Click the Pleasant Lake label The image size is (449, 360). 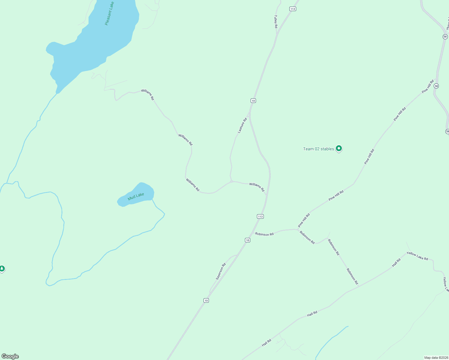click(110, 13)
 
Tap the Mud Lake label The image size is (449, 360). click(136, 196)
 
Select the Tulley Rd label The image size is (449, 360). click(276, 22)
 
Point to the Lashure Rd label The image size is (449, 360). click(242, 125)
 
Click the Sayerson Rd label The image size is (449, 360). click(221, 271)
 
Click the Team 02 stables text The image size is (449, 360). click(318, 149)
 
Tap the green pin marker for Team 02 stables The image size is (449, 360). click(339, 148)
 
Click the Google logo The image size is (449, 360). click(10, 356)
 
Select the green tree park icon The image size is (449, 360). click(2, 268)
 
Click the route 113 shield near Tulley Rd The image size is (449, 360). click(293, 9)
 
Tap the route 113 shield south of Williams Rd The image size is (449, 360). click(260, 216)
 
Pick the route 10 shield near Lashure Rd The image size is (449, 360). click(253, 100)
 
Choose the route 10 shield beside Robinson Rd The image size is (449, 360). click(247, 240)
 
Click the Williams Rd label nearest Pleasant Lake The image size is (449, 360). click(147, 94)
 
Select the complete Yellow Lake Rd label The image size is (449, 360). click(417, 256)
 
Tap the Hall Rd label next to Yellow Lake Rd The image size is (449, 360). click(396, 262)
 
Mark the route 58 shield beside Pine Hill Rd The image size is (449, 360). click(436, 86)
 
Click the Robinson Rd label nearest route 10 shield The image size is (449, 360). click(264, 234)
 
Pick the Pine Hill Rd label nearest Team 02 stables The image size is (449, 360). click(369, 156)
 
